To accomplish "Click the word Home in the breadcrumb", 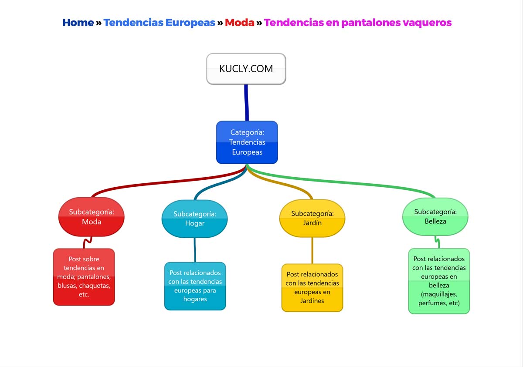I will pyautogui.click(x=78, y=23).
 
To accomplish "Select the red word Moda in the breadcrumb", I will pyautogui.click(x=239, y=23).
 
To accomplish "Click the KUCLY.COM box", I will pyautogui.click(x=246, y=69).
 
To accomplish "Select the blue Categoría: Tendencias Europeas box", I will pyautogui.click(x=247, y=142).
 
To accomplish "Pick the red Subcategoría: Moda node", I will pyautogui.click(x=92, y=217).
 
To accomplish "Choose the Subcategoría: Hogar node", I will pyautogui.click(x=195, y=219).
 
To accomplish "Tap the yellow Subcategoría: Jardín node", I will pyautogui.click(x=312, y=218).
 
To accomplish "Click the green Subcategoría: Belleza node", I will pyautogui.click(x=435, y=216).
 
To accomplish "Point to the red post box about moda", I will pyautogui.click(x=84, y=277).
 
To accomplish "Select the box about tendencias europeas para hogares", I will pyautogui.click(x=195, y=286).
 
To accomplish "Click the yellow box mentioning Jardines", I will pyautogui.click(x=312, y=288).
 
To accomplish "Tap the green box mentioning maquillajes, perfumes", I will pyautogui.click(x=439, y=281).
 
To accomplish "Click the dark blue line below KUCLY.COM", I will pyautogui.click(x=247, y=103).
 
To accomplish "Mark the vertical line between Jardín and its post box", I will pyautogui.click(x=312, y=250).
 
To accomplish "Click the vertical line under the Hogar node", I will pyautogui.click(x=195, y=250).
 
